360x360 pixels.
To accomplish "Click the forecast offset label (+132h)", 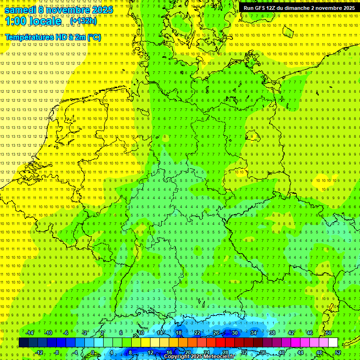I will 83,21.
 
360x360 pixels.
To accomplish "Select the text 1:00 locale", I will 33,22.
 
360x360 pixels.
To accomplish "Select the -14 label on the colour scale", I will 30,333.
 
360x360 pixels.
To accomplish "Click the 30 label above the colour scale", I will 235,333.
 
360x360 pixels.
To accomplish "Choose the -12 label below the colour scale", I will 39,352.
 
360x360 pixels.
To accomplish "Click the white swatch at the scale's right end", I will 333,342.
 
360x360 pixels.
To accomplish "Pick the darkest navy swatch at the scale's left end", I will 23,342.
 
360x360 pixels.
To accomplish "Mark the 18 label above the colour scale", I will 179,333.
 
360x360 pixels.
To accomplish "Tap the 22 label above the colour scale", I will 197,333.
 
